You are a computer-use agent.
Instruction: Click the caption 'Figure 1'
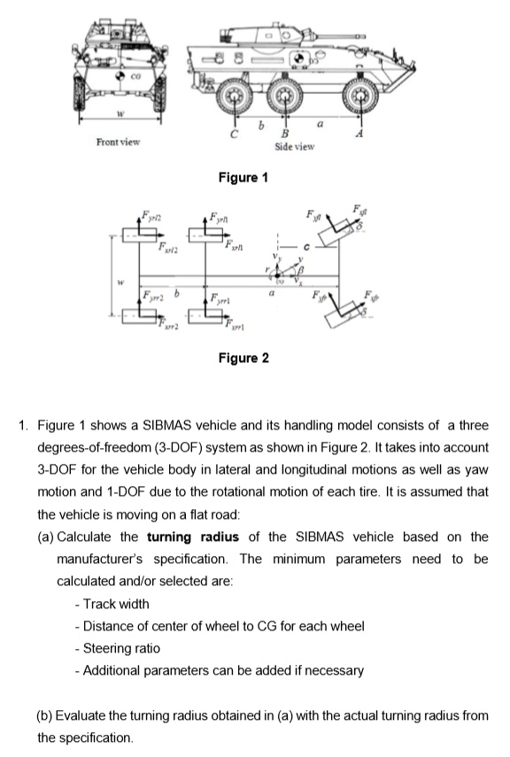coord(243,178)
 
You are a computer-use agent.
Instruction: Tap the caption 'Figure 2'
coord(243,358)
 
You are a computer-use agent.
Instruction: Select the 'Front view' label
coord(118,143)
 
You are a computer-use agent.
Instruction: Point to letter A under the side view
coord(359,135)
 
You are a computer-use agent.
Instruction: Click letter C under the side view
coord(234,135)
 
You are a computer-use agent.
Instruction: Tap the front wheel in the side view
coord(360,95)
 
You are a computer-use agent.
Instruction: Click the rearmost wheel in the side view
coord(234,94)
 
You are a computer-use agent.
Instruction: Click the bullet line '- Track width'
coord(112,604)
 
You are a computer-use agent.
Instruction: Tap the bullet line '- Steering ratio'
coord(117,648)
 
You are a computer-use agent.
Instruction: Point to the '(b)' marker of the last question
coord(45,715)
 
